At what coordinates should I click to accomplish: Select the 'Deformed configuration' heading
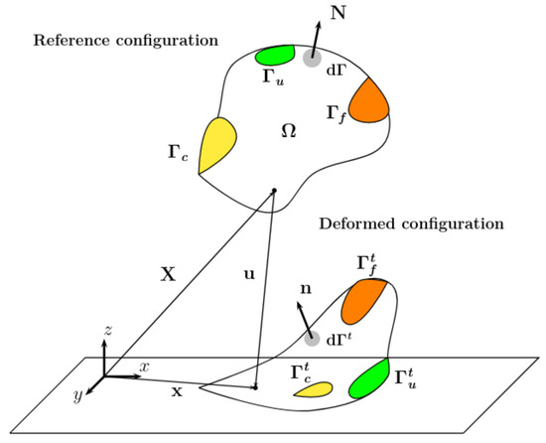(x=411, y=223)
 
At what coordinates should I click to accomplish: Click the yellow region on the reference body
(x=215, y=144)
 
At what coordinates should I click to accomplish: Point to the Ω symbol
(x=289, y=130)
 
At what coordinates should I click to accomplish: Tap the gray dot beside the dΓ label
(x=312, y=60)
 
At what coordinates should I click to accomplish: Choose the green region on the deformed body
(x=368, y=378)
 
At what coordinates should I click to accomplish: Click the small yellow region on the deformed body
(x=314, y=389)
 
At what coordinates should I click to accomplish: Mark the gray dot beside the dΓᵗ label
(x=314, y=340)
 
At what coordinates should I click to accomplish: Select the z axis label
(x=106, y=328)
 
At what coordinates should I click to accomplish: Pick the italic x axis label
(x=144, y=367)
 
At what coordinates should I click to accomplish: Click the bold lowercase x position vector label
(x=177, y=391)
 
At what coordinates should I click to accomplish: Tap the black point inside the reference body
(x=274, y=190)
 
